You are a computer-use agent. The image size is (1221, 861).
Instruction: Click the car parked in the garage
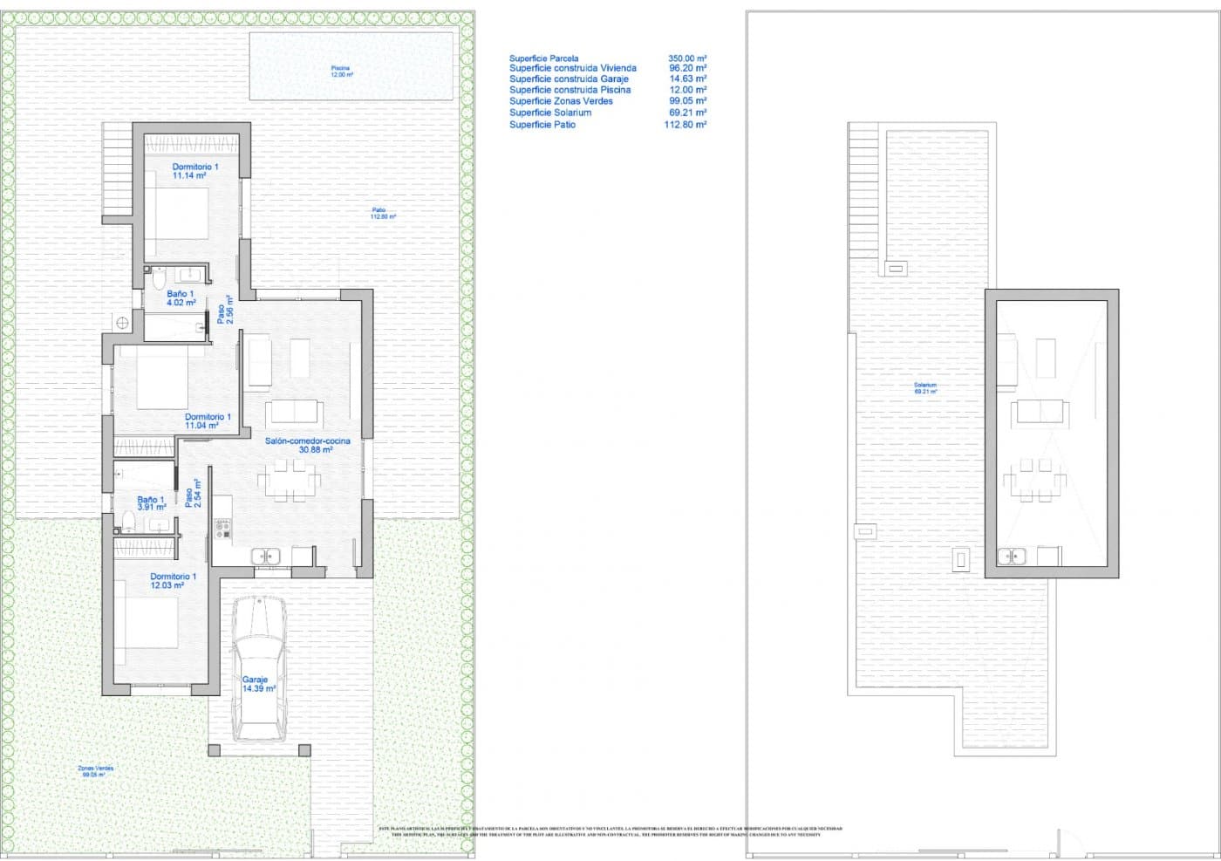[x=259, y=667]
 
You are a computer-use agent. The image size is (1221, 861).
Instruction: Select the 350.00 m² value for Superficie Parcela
[x=687, y=58]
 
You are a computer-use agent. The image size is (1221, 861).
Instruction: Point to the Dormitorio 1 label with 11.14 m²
[x=194, y=171]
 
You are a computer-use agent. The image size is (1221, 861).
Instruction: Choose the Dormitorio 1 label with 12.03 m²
[x=173, y=581]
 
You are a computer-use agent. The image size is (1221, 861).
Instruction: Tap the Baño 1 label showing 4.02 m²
[x=181, y=298]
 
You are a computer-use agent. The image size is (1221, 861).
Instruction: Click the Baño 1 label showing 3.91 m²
[x=151, y=503]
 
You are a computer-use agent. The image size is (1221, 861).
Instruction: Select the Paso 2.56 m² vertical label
[x=224, y=310]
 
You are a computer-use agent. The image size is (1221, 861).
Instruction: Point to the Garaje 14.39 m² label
[x=257, y=684]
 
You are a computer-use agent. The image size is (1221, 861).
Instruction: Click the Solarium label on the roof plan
[x=925, y=388]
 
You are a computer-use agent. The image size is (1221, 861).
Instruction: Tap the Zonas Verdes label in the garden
[x=95, y=771]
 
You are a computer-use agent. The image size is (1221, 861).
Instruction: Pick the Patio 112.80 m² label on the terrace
[x=379, y=213]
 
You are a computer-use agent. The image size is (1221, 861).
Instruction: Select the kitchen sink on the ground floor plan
[x=265, y=556]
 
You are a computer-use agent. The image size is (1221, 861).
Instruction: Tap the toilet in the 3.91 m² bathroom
[x=128, y=522]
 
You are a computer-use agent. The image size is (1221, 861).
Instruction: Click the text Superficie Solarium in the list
[x=550, y=113]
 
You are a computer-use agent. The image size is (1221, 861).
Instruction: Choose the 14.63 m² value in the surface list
[x=687, y=79]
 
